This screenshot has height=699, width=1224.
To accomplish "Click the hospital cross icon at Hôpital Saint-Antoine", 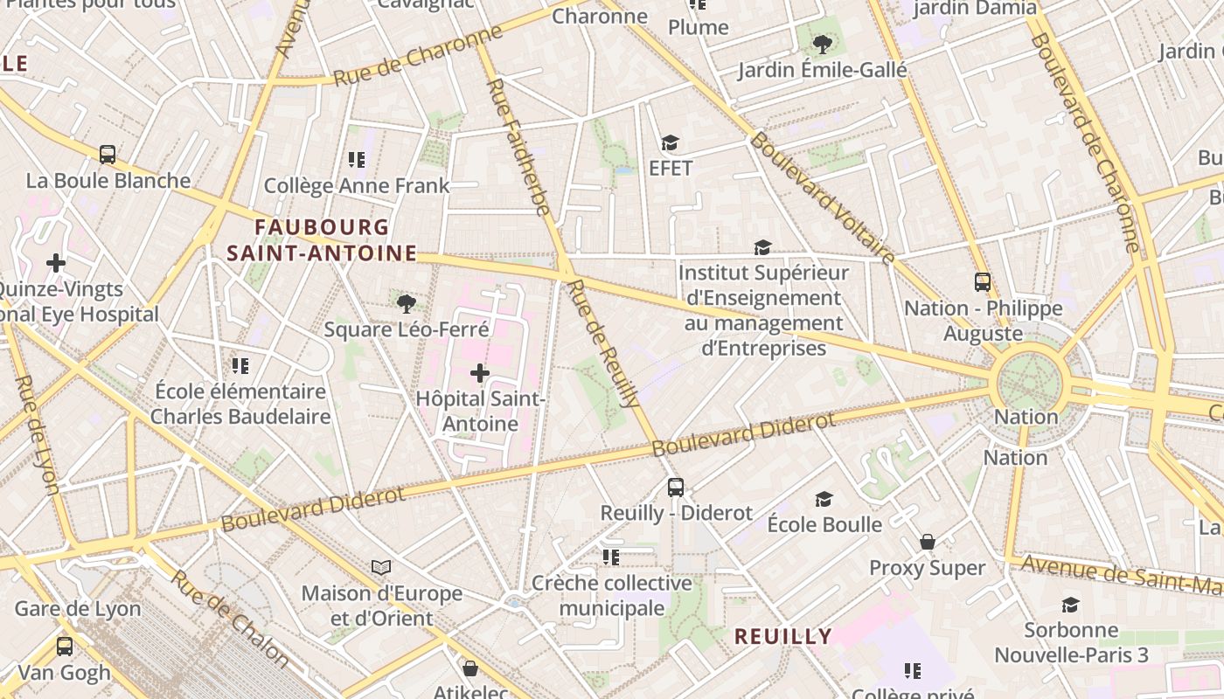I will tap(479, 374).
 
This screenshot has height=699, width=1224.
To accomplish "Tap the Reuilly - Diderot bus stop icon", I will tap(675, 488).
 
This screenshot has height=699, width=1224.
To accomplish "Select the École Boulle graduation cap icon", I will tap(824, 499).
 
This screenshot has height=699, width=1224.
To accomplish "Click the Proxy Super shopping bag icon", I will tap(928, 543).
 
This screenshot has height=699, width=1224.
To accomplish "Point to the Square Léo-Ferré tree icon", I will tap(406, 304).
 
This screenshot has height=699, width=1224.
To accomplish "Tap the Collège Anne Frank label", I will tap(357, 185).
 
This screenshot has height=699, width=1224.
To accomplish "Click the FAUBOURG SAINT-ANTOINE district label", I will tap(322, 240).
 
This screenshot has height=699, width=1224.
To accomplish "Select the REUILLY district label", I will tap(782, 636).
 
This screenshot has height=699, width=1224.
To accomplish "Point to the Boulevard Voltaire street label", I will tap(822, 197).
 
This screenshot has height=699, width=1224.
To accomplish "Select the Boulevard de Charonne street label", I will tap(1083, 140).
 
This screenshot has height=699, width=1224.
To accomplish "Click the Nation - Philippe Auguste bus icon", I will tap(983, 282).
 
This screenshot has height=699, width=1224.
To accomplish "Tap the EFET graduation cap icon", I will tap(670, 143).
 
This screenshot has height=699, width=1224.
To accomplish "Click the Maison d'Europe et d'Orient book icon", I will tap(381, 568).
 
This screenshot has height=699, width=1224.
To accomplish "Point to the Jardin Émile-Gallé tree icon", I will tap(821, 44).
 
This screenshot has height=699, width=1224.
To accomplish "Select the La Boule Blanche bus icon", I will tap(108, 155).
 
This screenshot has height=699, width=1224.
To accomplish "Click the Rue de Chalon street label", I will tap(229, 618).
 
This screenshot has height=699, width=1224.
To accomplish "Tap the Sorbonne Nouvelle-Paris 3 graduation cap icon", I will tap(1070, 605).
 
